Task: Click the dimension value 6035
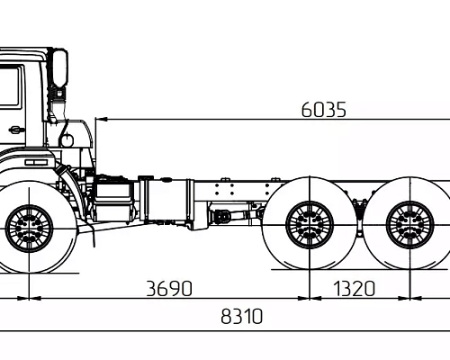click(323, 110)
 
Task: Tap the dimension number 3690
click(169, 289)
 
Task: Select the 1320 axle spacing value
click(355, 289)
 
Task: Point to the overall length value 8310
click(241, 317)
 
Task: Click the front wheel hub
click(29, 229)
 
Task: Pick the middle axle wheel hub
click(310, 225)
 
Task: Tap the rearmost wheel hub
click(409, 225)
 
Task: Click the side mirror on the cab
click(60, 68)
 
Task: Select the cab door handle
click(17, 130)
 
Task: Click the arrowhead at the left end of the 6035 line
click(101, 120)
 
